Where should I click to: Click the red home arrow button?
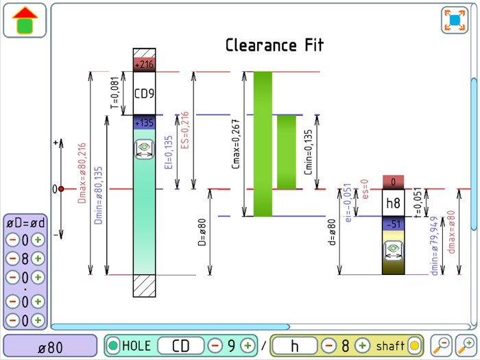point(25,21)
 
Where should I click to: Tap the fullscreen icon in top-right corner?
point(454,20)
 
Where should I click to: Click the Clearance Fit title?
point(274,46)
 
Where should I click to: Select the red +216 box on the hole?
point(145,64)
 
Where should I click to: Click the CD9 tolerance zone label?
point(145,93)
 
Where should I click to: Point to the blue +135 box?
point(145,122)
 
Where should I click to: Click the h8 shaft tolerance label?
point(393,203)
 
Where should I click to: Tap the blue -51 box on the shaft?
point(393,224)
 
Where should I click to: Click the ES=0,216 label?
point(184,130)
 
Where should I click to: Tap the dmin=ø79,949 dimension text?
point(434,247)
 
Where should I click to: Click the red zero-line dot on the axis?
point(61,189)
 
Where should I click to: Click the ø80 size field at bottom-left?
point(50,346)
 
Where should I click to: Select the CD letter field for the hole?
point(180,346)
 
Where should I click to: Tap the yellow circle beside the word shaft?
point(414,346)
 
